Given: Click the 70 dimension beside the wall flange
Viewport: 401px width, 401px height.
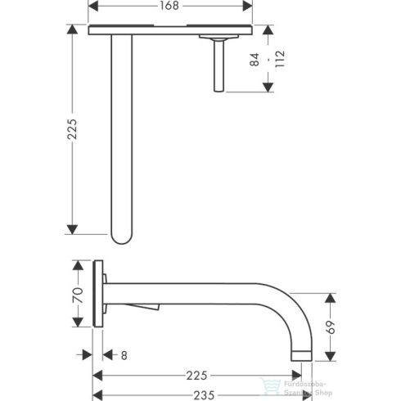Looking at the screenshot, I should coord(79,294).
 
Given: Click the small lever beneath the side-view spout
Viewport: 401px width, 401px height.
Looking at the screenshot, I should coord(150,307).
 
